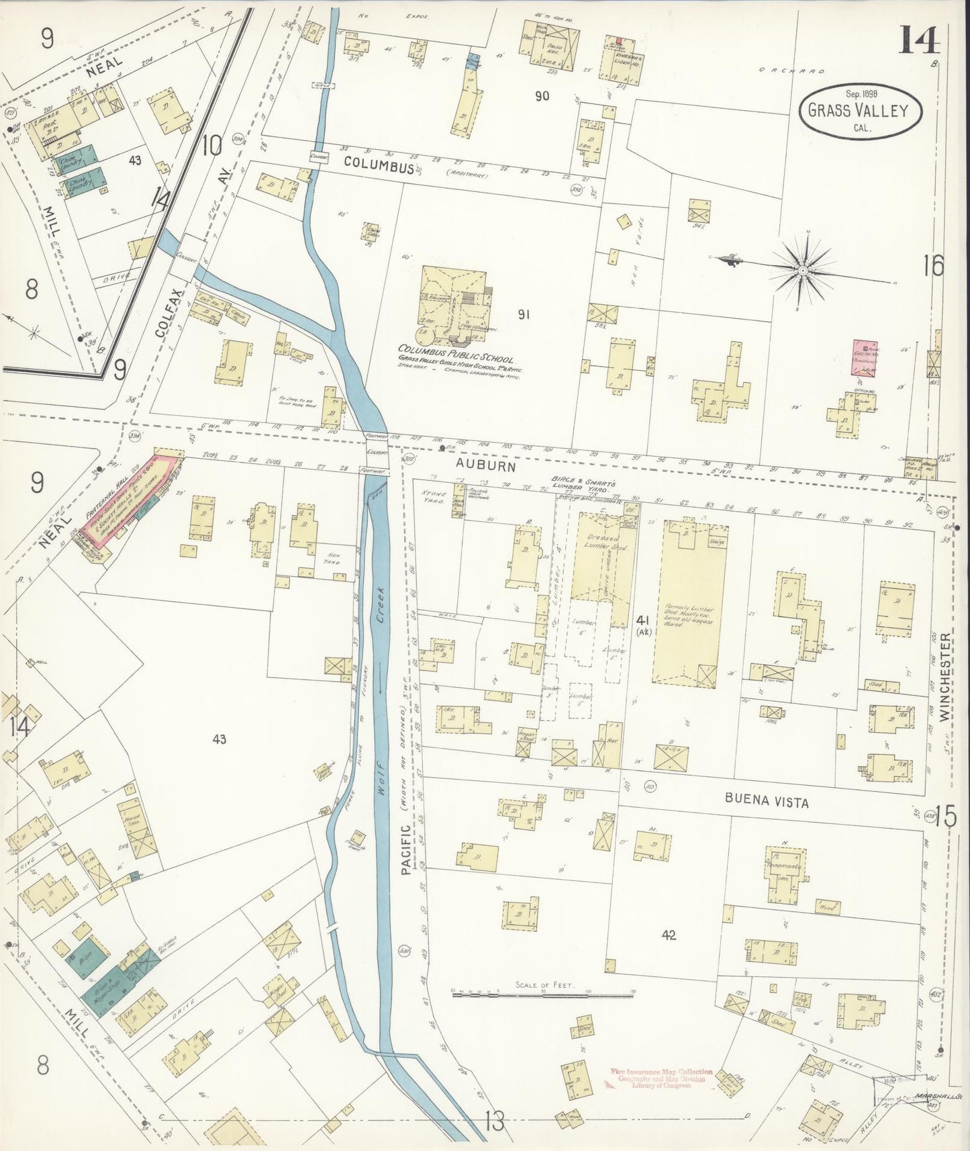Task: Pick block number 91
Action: tap(524, 314)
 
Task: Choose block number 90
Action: tap(542, 96)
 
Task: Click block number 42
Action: tap(668, 935)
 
